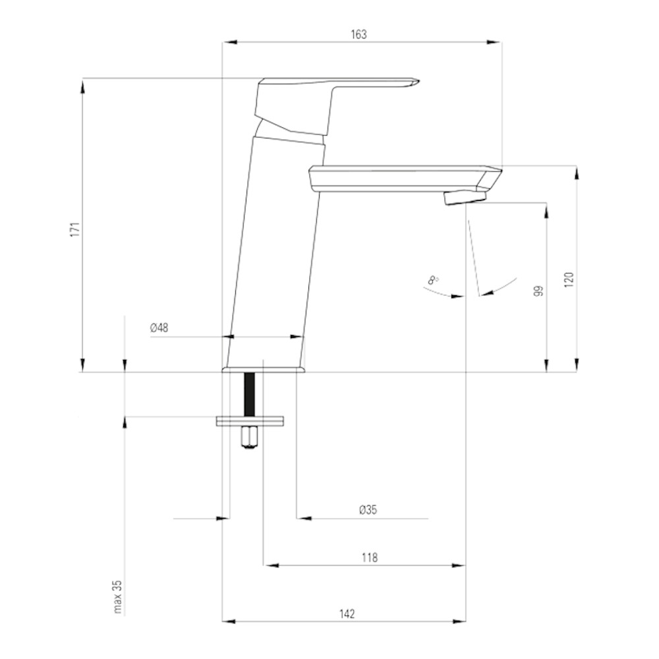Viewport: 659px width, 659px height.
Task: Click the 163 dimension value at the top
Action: point(358,34)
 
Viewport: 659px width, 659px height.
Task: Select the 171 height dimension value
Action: point(75,229)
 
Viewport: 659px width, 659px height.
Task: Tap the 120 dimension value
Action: point(569,279)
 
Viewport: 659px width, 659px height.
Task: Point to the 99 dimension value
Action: point(538,291)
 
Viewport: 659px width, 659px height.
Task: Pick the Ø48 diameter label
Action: point(159,328)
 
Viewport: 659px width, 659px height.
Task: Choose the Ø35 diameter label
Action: point(368,510)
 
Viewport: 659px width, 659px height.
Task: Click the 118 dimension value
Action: point(370,558)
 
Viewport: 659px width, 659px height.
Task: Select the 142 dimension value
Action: point(347,614)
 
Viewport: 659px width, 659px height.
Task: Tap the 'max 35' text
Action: point(118,597)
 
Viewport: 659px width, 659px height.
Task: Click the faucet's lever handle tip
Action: point(418,80)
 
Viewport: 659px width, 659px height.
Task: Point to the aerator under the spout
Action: point(465,197)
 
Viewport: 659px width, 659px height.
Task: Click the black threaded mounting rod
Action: point(250,394)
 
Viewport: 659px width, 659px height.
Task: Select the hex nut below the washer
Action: point(250,437)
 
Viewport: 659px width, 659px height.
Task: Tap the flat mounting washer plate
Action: point(250,421)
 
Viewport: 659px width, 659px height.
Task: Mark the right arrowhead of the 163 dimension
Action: point(494,42)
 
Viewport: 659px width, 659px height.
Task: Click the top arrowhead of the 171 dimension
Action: point(83,86)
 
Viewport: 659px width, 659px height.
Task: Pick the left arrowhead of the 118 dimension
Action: point(271,565)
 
